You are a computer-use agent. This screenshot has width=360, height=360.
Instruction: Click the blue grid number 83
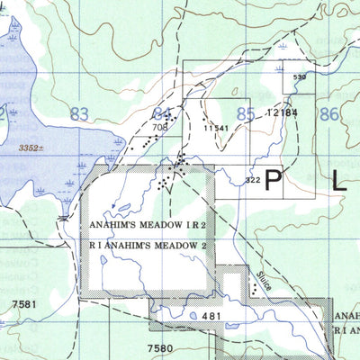pyautogui.click(x=79, y=114)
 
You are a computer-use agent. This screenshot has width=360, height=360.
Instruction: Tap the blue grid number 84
pyautogui.click(x=163, y=114)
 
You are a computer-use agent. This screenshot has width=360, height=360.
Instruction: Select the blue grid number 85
pyautogui.click(x=245, y=114)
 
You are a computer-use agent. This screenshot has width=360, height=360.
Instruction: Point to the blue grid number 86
pyautogui.click(x=329, y=114)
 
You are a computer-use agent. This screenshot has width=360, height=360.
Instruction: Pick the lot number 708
pyautogui.click(x=160, y=128)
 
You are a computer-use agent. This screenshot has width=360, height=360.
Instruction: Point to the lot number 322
pyautogui.click(x=253, y=181)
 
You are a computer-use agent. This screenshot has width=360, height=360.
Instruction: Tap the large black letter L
pyautogui.click(x=338, y=181)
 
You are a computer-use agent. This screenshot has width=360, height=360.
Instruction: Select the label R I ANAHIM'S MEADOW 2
pyautogui.click(x=148, y=244)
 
